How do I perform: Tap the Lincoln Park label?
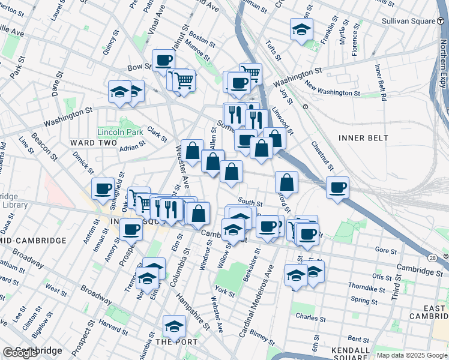120,131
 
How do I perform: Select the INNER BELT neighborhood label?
363,138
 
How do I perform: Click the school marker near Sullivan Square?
301,29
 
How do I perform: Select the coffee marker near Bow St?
163,61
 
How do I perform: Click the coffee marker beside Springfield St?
103,188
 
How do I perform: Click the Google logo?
20,353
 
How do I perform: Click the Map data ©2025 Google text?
411,355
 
